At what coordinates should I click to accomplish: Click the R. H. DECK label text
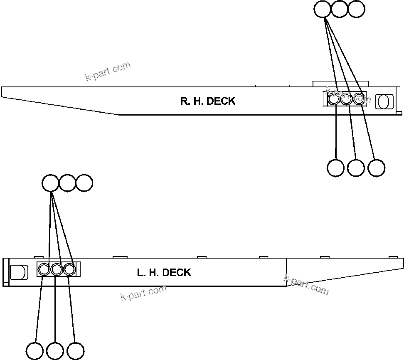(207, 101)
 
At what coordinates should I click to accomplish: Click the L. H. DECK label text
(164, 273)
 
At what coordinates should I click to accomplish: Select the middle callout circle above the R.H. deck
(339, 9)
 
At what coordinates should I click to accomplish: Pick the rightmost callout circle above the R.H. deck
(356, 9)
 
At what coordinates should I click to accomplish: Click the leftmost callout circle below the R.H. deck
(335, 168)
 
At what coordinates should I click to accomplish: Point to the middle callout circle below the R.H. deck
(356, 168)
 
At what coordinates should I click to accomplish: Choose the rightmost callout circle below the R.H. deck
(376, 168)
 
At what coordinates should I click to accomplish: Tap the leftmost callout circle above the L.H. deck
(51, 183)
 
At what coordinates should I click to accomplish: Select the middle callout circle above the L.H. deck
(67, 183)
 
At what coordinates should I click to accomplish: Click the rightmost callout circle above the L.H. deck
(84, 183)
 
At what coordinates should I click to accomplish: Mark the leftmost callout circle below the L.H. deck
(34, 350)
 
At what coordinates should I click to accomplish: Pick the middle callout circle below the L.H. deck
(55, 350)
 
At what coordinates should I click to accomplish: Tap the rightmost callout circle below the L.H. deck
(75, 350)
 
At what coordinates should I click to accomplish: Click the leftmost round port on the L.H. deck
(44, 270)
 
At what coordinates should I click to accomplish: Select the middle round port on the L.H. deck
(57, 270)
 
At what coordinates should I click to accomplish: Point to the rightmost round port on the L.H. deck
(69, 270)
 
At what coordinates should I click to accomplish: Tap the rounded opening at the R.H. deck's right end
(384, 101)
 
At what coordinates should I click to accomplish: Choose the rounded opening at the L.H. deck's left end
(18, 272)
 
